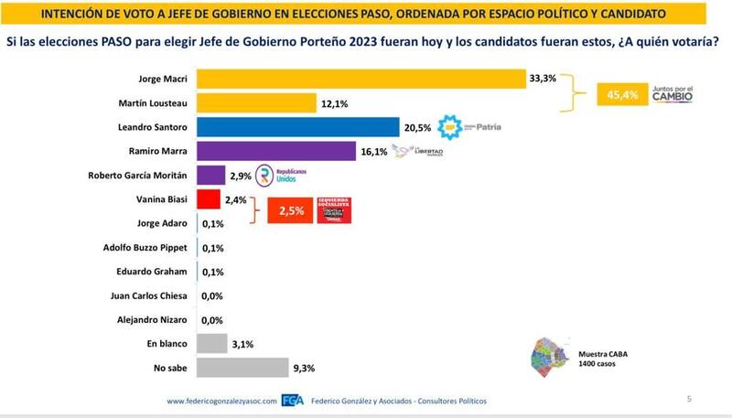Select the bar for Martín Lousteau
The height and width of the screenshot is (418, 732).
click(x=256, y=103)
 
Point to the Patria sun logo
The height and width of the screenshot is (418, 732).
click(x=453, y=127)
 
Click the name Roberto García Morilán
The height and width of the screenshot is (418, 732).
click(x=138, y=176)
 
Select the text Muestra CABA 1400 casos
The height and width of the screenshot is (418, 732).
click(x=603, y=358)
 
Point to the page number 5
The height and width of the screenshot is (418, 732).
click(x=689, y=399)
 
